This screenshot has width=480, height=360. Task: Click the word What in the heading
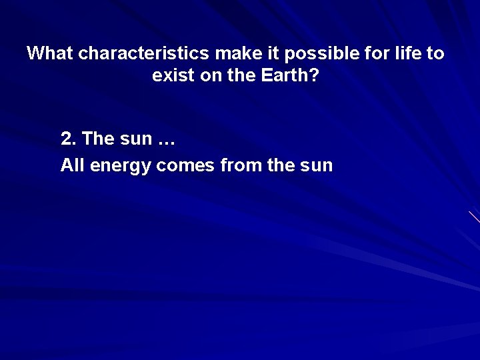pos(50,53)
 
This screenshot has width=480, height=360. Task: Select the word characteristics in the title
pos(143,53)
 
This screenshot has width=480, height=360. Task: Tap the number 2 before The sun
pos(66,139)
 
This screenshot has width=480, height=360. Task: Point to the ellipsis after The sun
pos(167,139)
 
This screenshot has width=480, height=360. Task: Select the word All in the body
pos(72,165)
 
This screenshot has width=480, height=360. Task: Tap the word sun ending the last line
pos(315,165)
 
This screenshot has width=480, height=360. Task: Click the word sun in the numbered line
pos(136,139)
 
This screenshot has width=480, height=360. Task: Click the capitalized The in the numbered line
pos(98,139)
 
